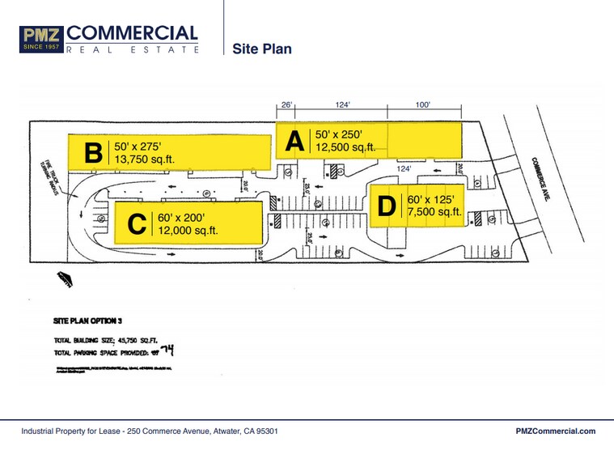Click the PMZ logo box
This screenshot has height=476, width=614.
point(41,39)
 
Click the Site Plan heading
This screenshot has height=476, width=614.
point(261,49)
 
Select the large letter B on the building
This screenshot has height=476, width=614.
point(94,152)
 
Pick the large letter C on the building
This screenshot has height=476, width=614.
point(138,223)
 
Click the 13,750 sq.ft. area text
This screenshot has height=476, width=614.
point(145,160)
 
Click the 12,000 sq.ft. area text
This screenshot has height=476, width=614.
point(189,231)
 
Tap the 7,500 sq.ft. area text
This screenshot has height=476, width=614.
point(434,213)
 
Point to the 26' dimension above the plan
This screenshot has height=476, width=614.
point(286,104)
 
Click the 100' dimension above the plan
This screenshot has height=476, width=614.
point(424,104)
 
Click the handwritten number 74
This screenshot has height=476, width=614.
point(167,351)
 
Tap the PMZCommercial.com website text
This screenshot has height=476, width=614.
point(555,431)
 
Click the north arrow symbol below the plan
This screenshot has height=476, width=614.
point(64,280)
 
